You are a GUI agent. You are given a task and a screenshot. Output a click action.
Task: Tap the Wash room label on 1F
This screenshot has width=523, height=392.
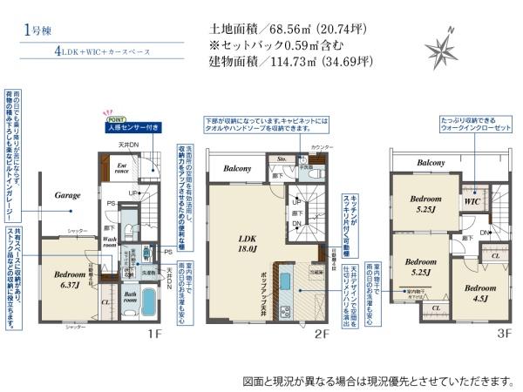(x=111, y=241)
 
